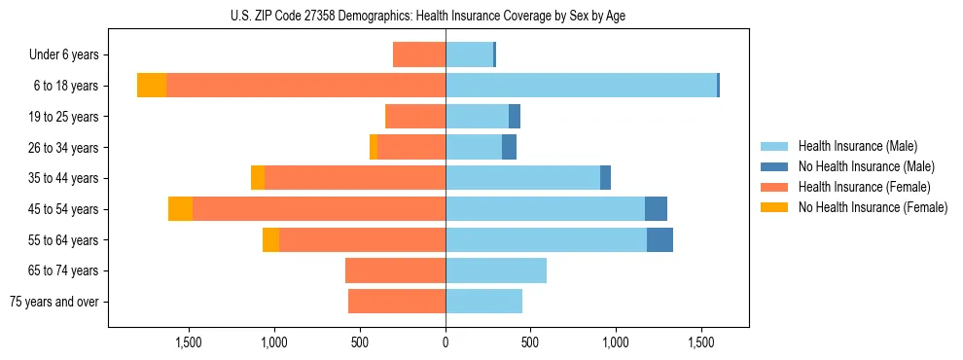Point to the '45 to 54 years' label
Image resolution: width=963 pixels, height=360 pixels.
62,209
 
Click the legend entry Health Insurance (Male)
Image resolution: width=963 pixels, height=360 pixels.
856,146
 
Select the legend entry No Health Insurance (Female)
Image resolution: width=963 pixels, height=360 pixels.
872,207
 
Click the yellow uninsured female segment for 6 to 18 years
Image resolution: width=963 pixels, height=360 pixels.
152,86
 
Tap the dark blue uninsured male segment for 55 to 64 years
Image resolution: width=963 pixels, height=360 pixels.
660,239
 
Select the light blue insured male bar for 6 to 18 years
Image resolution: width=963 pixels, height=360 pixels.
581,86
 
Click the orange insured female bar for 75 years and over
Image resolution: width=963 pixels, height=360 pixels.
397,302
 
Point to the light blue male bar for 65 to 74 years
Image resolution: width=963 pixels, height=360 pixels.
496,270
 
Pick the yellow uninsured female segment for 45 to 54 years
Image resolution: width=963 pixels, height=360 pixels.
180,209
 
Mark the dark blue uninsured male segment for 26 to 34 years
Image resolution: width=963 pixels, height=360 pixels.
509,147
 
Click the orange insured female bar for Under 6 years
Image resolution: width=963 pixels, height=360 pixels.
419,54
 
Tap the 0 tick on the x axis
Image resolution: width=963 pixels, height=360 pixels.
446,342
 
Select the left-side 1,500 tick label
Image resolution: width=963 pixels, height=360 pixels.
188,342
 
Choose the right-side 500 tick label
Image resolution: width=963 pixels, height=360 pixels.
530,342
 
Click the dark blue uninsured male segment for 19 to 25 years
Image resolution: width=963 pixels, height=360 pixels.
515,117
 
